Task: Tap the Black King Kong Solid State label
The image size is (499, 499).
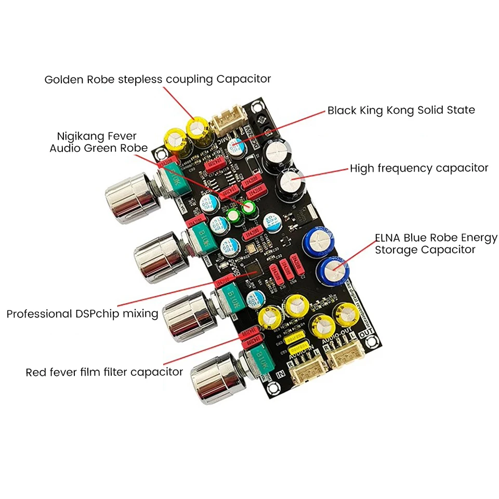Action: click(x=401, y=110)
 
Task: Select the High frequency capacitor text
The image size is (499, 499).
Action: click(x=419, y=168)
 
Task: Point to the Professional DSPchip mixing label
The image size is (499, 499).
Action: click(x=82, y=313)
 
